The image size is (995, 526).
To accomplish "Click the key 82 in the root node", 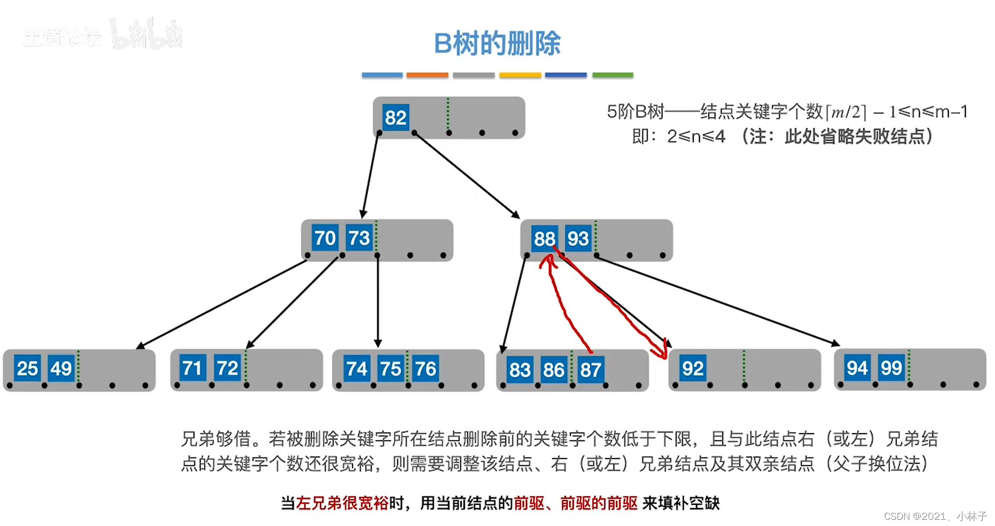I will tap(395, 118).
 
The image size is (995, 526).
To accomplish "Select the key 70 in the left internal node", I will tap(325, 238).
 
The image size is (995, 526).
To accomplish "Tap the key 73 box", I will tap(359, 238).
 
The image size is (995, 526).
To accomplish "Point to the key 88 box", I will tap(544, 239).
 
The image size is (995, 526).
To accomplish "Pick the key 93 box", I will tap(578, 239).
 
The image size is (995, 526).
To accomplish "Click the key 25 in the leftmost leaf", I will tap(27, 368).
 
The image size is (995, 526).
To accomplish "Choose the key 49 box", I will tap(61, 368).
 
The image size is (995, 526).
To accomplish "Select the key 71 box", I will tap(192, 368).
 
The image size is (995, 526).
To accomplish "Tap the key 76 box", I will tap(425, 369).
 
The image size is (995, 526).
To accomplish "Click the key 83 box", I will tap(520, 370).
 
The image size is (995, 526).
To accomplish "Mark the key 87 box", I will tap(591, 370).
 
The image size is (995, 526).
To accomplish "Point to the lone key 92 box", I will tap(693, 368).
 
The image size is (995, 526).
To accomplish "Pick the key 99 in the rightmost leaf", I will tap(891, 368).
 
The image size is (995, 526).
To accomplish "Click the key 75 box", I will tap(390, 369).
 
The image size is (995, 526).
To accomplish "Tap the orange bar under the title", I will tap(427, 75).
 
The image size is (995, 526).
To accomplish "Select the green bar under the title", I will tap(613, 75).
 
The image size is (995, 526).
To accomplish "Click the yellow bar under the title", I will tap(520, 75).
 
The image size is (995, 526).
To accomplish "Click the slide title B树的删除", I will tap(497, 43).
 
